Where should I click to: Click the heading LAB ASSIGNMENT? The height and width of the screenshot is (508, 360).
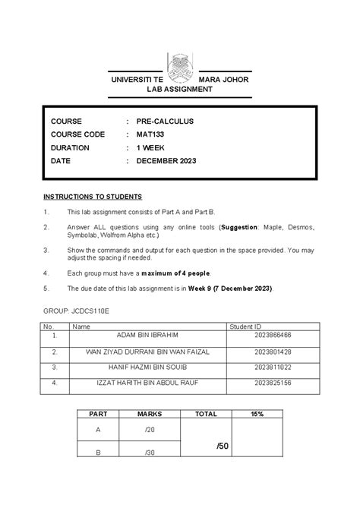tap(180, 90)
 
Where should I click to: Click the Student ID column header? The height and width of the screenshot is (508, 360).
tap(248, 326)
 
